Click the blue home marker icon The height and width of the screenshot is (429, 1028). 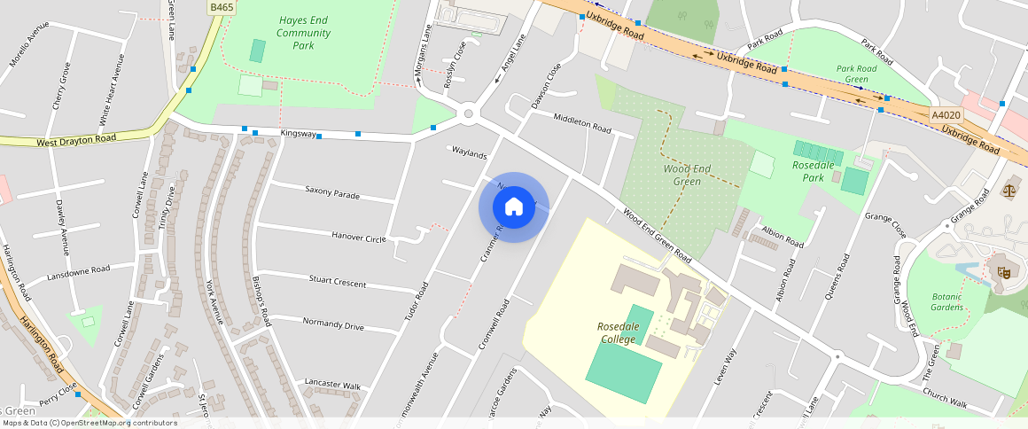(x=514, y=207)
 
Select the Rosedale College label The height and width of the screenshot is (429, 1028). (x=617, y=333)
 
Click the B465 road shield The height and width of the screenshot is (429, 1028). (x=221, y=7)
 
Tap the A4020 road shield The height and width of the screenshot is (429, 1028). (x=946, y=115)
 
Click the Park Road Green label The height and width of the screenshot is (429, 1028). (x=856, y=74)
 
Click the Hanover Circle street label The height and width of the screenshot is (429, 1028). (x=359, y=238)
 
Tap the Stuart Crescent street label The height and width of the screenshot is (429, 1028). (x=338, y=282)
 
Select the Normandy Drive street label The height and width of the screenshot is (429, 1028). (x=333, y=324)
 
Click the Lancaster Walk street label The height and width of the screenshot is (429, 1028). (x=333, y=384)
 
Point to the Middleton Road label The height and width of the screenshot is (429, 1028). (x=582, y=123)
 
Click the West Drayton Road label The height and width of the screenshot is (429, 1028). (x=76, y=140)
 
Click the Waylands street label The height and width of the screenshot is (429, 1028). (x=470, y=154)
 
